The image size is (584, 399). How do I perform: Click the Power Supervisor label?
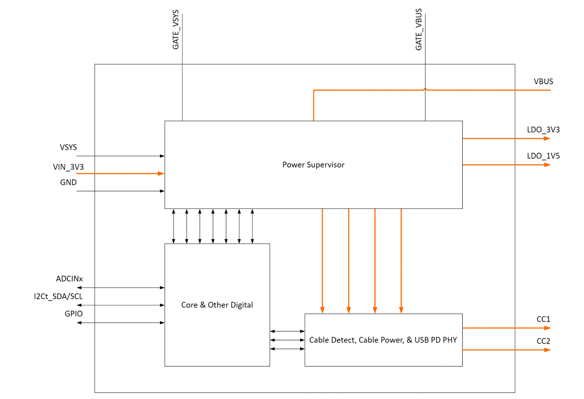tap(313, 165)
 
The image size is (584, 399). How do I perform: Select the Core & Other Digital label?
tap(217, 305)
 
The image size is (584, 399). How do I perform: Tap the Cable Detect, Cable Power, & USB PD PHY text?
tap(383, 340)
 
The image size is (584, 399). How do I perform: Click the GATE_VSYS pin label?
tap(176, 29)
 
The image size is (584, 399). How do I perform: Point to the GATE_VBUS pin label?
tap(419, 29)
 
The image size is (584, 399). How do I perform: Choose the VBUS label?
tap(543, 81)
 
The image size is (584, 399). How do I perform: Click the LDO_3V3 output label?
tap(543, 130)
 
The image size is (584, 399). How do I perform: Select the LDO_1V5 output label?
tap(543, 156)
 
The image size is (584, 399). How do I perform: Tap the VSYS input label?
tap(68, 147)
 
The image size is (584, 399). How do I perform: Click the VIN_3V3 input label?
tap(68, 167)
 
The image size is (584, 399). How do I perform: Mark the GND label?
tap(68, 183)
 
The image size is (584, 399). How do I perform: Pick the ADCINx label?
tap(69, 279)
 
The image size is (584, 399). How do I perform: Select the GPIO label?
tap(73, 314)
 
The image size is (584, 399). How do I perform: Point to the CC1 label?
tap(543, 319)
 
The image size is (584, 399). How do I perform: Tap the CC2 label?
tap(543, 341)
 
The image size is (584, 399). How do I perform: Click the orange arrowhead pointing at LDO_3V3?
tap(547, 138)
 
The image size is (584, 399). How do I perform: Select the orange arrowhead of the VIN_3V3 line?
tap(161, 173)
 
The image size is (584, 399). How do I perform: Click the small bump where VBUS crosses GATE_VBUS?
tap(425, 89)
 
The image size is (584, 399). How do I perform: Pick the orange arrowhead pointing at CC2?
tap(547, 350)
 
